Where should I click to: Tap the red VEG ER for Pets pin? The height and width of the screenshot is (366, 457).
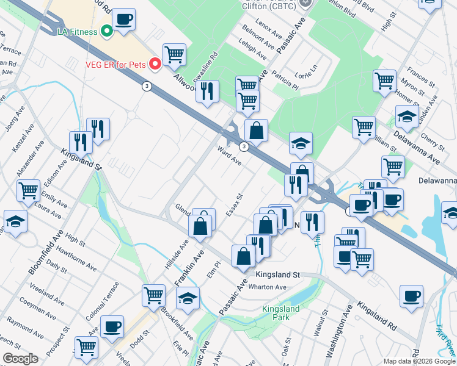155,63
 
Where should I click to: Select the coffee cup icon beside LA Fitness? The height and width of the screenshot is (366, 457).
123,20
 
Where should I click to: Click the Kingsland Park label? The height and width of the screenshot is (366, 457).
280,313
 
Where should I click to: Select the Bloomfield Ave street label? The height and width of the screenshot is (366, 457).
45,251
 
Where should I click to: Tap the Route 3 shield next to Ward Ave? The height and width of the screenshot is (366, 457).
244,146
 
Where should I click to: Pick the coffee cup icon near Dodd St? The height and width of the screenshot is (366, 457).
112,326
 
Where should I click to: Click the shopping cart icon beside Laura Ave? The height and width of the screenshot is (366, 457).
29,190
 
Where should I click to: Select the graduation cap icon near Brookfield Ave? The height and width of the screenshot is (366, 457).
188,298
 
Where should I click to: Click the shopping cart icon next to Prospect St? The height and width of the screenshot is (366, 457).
87,346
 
